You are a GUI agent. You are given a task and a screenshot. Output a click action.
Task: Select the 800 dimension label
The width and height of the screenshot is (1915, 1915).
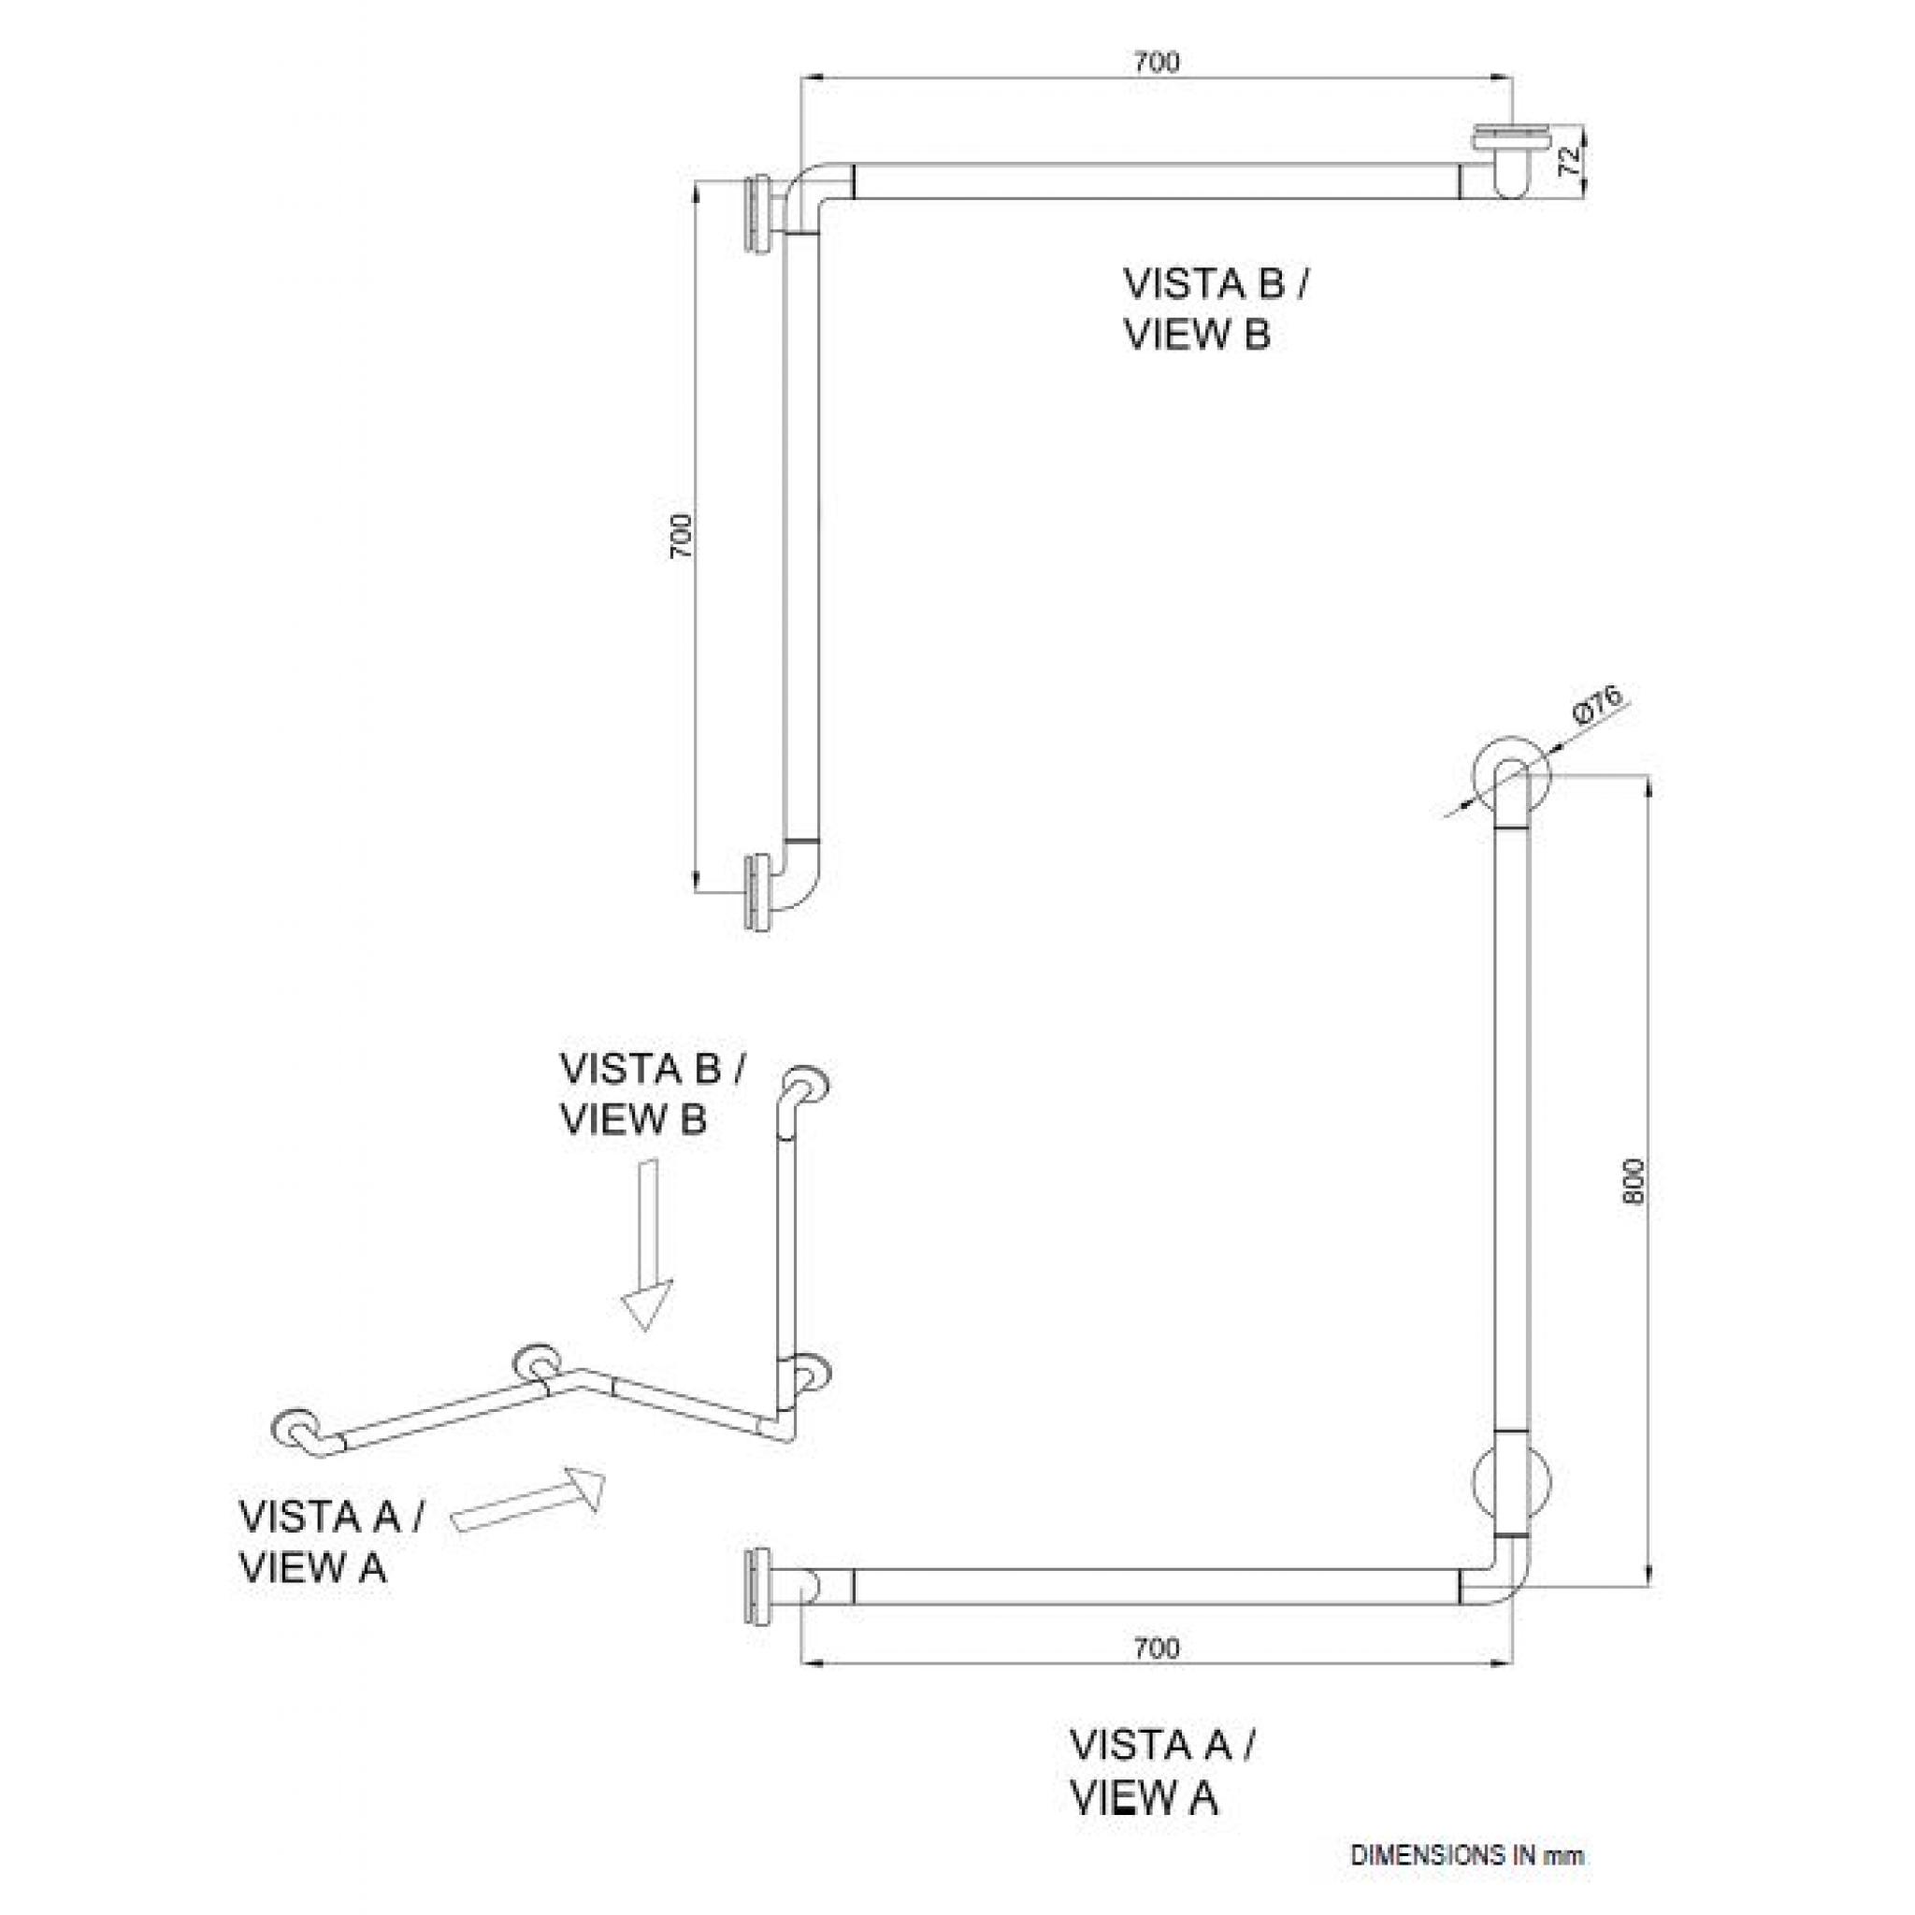pos(1634,1181)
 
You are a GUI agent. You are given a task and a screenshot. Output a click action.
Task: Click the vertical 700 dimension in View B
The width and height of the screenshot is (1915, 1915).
pos(680,536)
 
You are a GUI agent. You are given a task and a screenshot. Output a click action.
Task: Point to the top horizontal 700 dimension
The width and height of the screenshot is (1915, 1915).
pos(1156,62)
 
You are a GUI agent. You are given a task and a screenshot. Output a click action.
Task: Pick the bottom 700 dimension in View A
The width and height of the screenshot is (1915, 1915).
pos(1156,1648)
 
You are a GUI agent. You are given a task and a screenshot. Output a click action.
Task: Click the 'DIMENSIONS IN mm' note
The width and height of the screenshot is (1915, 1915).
pos(1467,1855)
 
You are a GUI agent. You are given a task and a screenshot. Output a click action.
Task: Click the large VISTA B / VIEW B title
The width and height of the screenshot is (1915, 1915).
pos(1215,309)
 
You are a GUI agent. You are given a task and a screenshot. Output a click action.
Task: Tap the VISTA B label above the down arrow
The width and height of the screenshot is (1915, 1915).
pos(653,1094)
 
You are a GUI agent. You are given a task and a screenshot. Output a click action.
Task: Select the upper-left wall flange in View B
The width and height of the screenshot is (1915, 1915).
pos(757,216)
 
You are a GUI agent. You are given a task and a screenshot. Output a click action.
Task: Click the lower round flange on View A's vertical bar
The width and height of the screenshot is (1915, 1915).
pos(1512,1484)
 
